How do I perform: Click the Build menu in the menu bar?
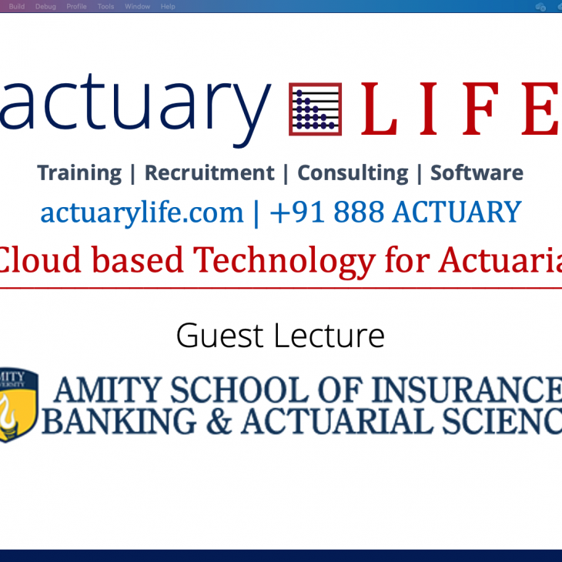click(x=16, y=7)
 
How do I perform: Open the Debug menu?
click(x=45, y=7)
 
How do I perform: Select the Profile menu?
click(x=76, y=7)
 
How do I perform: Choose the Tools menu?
click(x=105, y=7)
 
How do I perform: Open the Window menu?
click(x=137, y=7)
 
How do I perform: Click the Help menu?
click(x=167, y=7)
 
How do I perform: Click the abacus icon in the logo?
click(x=315, y=109)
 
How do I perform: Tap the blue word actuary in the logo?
click(x=135, y=108)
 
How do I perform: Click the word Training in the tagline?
click(x=79, y=173)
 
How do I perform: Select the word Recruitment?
click(x=209, y=173)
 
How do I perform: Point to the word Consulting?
click(x=353, y=173)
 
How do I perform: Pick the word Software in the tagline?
click(x=477, y=173)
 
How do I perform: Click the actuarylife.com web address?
click(x=142, y=212)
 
